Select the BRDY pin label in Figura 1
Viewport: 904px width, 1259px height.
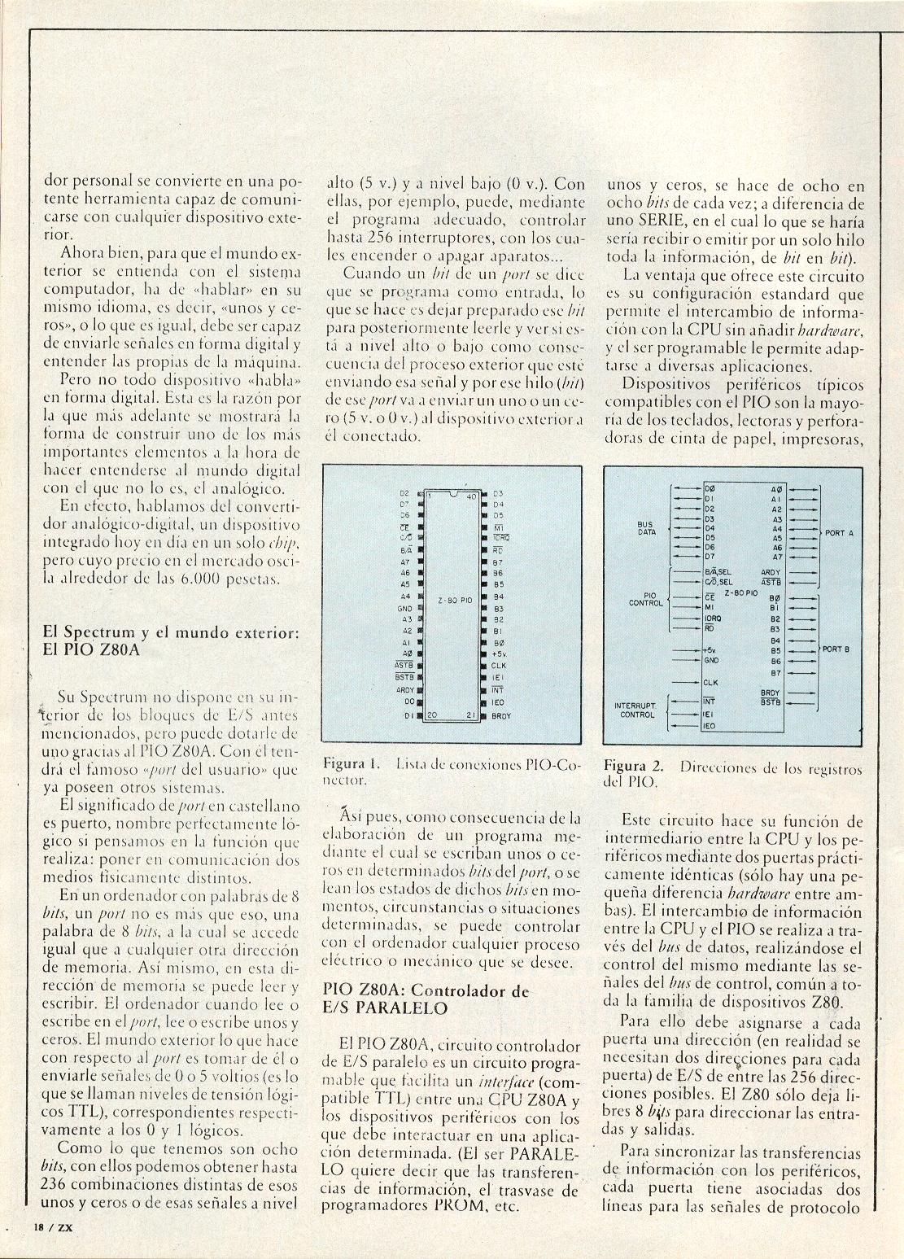(501, 716)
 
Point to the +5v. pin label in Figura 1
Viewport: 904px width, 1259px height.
(500, 654)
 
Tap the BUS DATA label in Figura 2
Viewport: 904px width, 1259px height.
(647, 527)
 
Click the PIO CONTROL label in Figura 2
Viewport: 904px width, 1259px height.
(646, 599)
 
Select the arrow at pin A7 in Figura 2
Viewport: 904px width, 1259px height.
(805, 557)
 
